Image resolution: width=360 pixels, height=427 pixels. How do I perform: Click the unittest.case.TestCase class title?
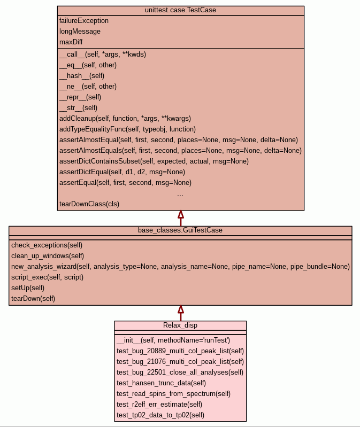pyautogui.click(x=180, y=10)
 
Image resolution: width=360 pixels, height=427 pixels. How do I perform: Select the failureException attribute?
pyautogui.click(x=84, y=21)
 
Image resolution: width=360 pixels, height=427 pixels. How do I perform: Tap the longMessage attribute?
pyautogui.click(x=80, y=32)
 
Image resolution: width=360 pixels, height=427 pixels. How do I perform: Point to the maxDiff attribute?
pyautogui.click(x=71, y=42)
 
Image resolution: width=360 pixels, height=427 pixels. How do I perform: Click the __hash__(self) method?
pyautogui.click(x=82, y=76)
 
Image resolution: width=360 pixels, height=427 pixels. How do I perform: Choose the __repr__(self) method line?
pyautogui.click(x=80, y=97)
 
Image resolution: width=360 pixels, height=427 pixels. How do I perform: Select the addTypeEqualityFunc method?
pyautogui.click(x=127, y=129)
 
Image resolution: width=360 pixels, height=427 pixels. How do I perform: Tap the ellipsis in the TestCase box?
pyautogui.click(x=180, y=194)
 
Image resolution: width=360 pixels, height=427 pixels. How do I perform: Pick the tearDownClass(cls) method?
pyautogui.click(x=89, y=204)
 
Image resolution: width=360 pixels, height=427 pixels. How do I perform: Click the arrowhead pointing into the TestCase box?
pyautogui.click(x=181, y=215)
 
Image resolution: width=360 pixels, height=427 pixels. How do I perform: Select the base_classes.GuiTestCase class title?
pyautogui.click(x=180, y=230)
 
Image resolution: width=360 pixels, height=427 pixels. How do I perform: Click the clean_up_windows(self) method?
pyautogui.click(x=48, y=256)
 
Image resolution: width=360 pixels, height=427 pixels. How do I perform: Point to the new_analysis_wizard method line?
pyautogui.click(x=180, y=267)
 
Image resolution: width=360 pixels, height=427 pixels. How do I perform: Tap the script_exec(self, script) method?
pyautogui.click(x=48, y=277)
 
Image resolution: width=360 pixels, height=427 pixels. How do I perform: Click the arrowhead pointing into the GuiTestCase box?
pyautogui.click(x=181, y=310)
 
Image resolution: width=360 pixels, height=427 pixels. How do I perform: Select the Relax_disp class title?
pyautogui.click(x=180, y=325)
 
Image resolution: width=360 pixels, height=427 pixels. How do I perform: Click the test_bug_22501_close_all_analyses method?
pyautogui.click(x=180, y=372)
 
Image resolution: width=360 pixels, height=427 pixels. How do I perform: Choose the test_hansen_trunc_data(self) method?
pyautogui.click(x=161, y=383)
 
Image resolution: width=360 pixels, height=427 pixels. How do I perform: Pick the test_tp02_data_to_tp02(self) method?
pyautogui.click(x=160, y=415)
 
